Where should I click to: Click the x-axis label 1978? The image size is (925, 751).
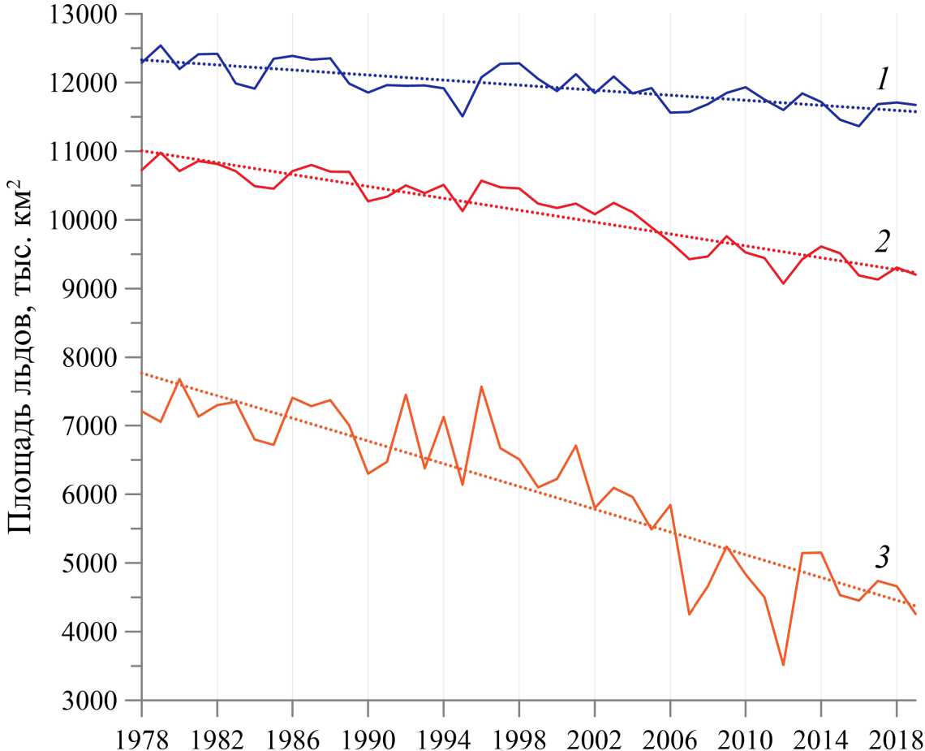(142, 730)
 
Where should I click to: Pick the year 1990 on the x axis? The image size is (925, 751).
(368, 730)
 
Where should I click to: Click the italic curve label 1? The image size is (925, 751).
(883, 79)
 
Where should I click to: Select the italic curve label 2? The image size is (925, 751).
(884, 241)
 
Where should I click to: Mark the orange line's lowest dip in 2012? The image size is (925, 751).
(783, 665)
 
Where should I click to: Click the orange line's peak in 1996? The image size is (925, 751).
(481, 386)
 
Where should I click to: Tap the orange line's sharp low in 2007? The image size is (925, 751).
(689, 614)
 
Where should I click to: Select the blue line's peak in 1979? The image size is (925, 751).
(161, 45)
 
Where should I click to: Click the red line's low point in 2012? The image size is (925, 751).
(783, 283)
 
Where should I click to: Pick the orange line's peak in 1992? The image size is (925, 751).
(406, 395)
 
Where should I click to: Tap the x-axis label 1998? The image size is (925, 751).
(519, 730)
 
